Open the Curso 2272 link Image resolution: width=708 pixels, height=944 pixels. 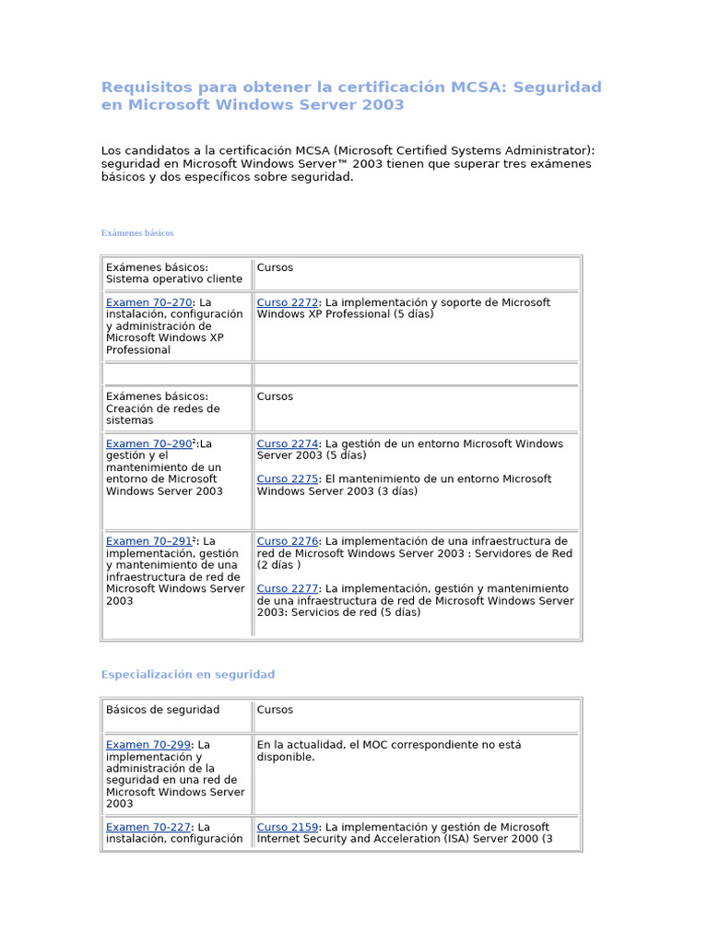(x=287, y=302)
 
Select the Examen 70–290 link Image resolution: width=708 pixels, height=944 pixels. (x=148, y=443)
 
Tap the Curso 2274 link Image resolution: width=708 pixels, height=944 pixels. (x=287, y=443)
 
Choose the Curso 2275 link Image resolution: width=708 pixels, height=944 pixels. (x=287, y=478)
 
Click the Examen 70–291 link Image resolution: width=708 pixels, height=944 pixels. (x=148, y=541)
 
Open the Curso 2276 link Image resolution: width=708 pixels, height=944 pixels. (x=287, y=541)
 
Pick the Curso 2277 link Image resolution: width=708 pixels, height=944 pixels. (x=287, y=588)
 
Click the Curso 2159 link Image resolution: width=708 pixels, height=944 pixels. (x=287, y=827)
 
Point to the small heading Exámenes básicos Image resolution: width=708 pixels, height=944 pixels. (x=137, y=233)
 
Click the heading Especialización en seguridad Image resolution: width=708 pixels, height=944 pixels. (x=187, y=675)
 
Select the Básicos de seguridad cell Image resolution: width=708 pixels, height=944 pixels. (x=162, y=710)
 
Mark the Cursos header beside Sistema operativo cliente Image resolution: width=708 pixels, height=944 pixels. (x=275, y=267)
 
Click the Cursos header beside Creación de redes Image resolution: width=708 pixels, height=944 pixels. (x=275, y=396)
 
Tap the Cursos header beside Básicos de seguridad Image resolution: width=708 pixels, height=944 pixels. (x=275, y=710)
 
